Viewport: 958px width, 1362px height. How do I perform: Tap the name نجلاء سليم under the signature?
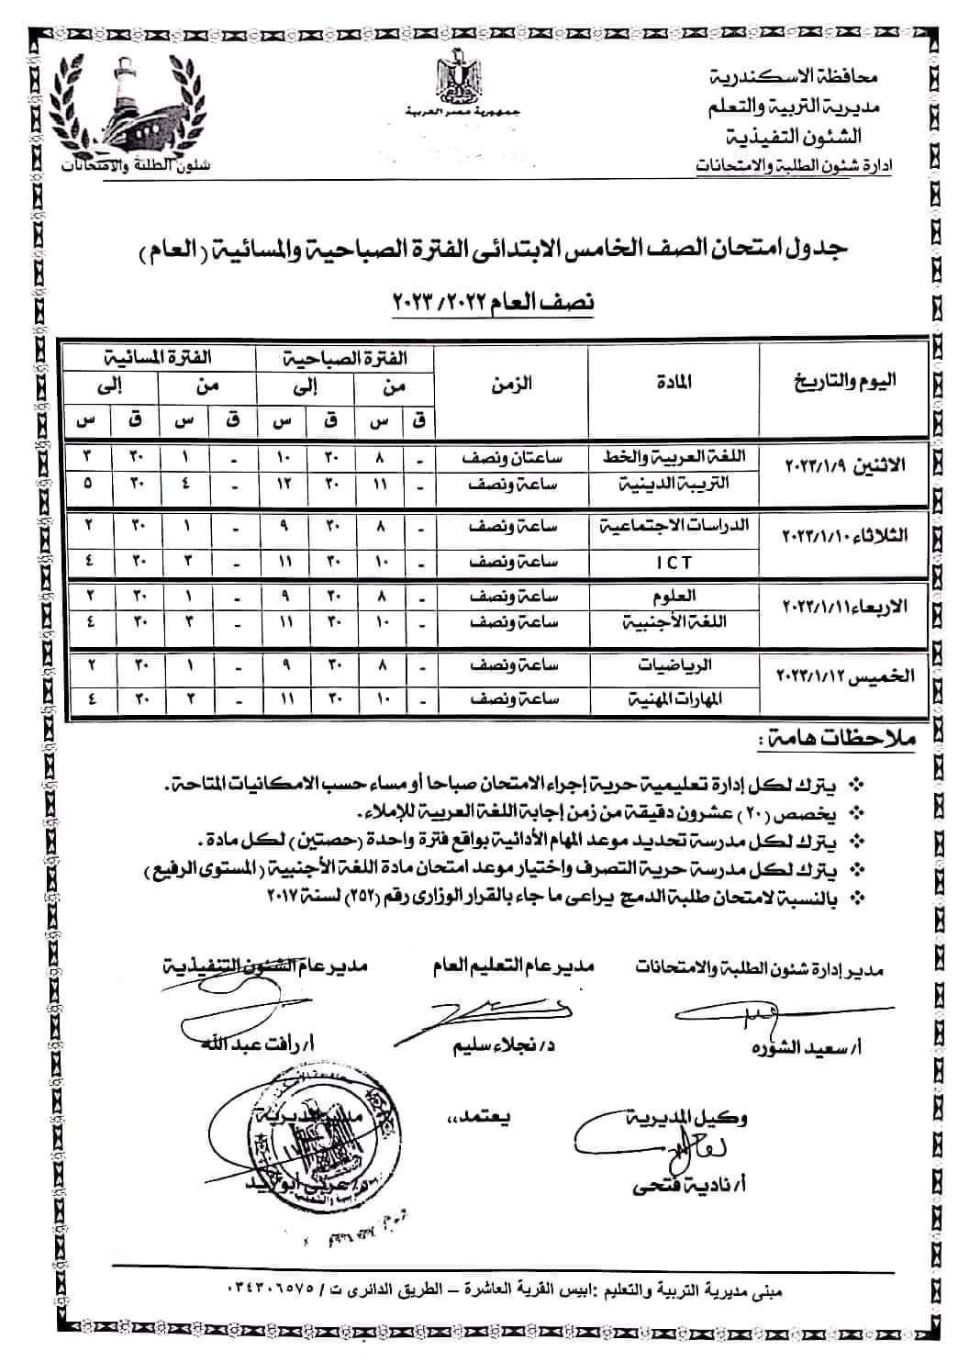tap(512, 1045)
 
